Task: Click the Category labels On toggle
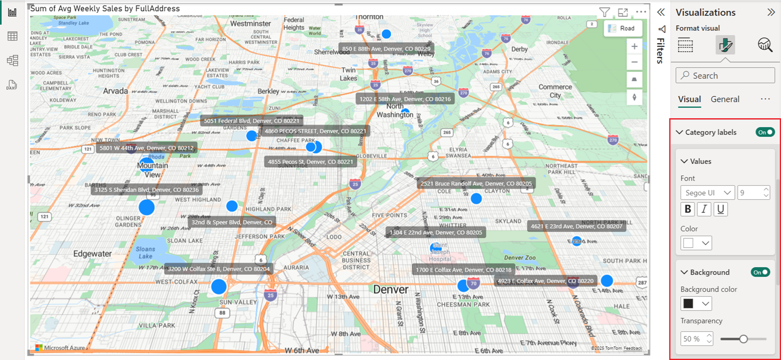point(765,132)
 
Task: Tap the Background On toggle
point(760,272)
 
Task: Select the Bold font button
point(688,209)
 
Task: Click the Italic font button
point(704,209)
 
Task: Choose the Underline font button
point(720,209)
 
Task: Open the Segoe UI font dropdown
point(707,193)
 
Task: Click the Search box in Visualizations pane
point(725,75)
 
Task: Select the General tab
point(725,99)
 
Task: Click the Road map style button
point(623,28)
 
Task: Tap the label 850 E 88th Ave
point(386,49)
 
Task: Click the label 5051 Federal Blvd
point(251,121)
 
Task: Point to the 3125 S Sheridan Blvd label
point(147,190)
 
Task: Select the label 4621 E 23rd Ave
point(576,226)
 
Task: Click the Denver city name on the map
point(391,290)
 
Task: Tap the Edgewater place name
point(92,254)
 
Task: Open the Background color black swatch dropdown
point(696,303)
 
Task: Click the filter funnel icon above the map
point(605,12)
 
